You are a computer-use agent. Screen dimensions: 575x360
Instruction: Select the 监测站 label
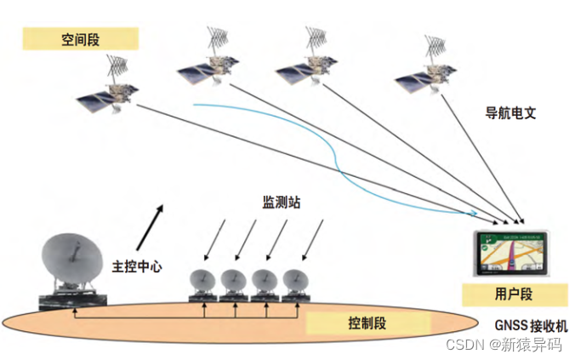[282, 203]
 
